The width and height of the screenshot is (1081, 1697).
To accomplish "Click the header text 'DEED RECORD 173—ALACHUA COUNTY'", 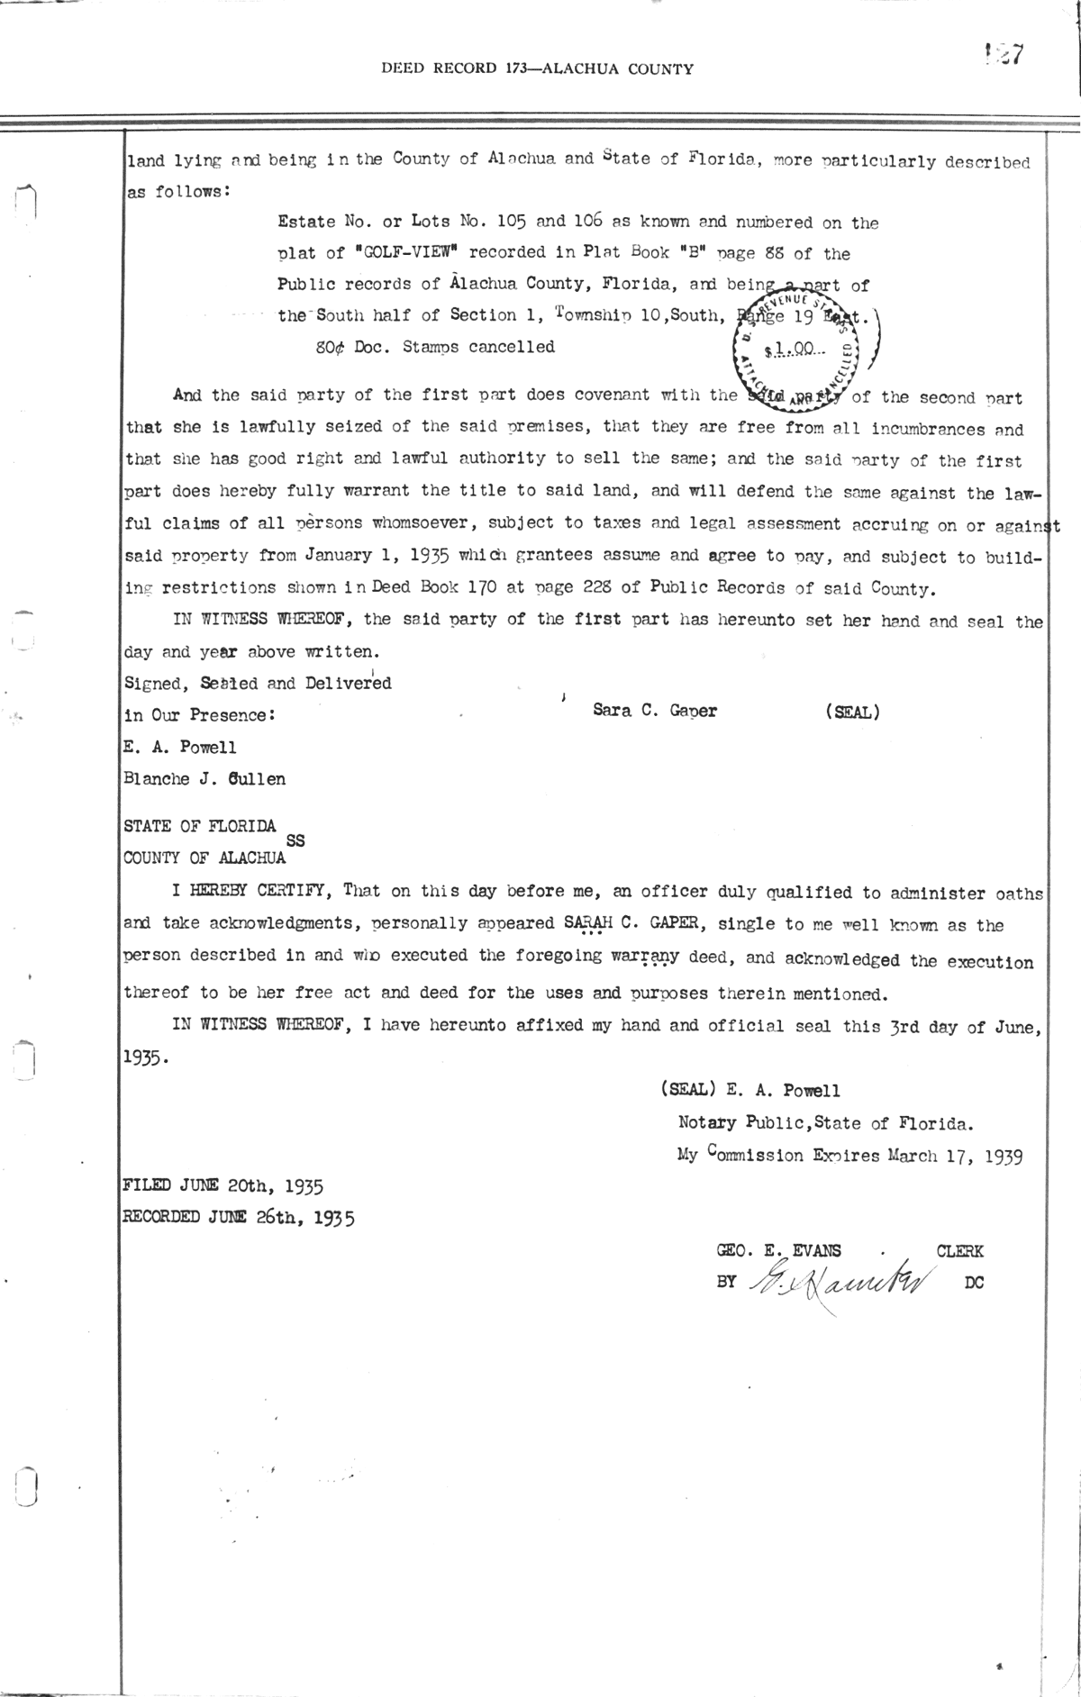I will point(537,68).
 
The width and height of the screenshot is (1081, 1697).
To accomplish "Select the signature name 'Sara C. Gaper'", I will point(655,710).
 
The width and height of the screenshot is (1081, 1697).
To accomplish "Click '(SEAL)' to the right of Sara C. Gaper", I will point(851,712).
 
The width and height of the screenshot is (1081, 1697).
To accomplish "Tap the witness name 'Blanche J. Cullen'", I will point(204,779).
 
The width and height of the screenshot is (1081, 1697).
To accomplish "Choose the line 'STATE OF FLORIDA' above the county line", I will point(200,825).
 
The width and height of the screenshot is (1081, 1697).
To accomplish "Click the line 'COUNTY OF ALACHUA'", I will point(204,858).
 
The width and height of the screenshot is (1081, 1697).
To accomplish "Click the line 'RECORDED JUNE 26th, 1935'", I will point(239,1219).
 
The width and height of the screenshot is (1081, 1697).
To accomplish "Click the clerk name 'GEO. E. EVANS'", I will point(779,1250).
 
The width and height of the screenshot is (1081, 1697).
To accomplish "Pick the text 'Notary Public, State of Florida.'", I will point(825,1123).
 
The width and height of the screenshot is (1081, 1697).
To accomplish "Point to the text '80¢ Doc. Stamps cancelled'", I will point(435,347).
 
